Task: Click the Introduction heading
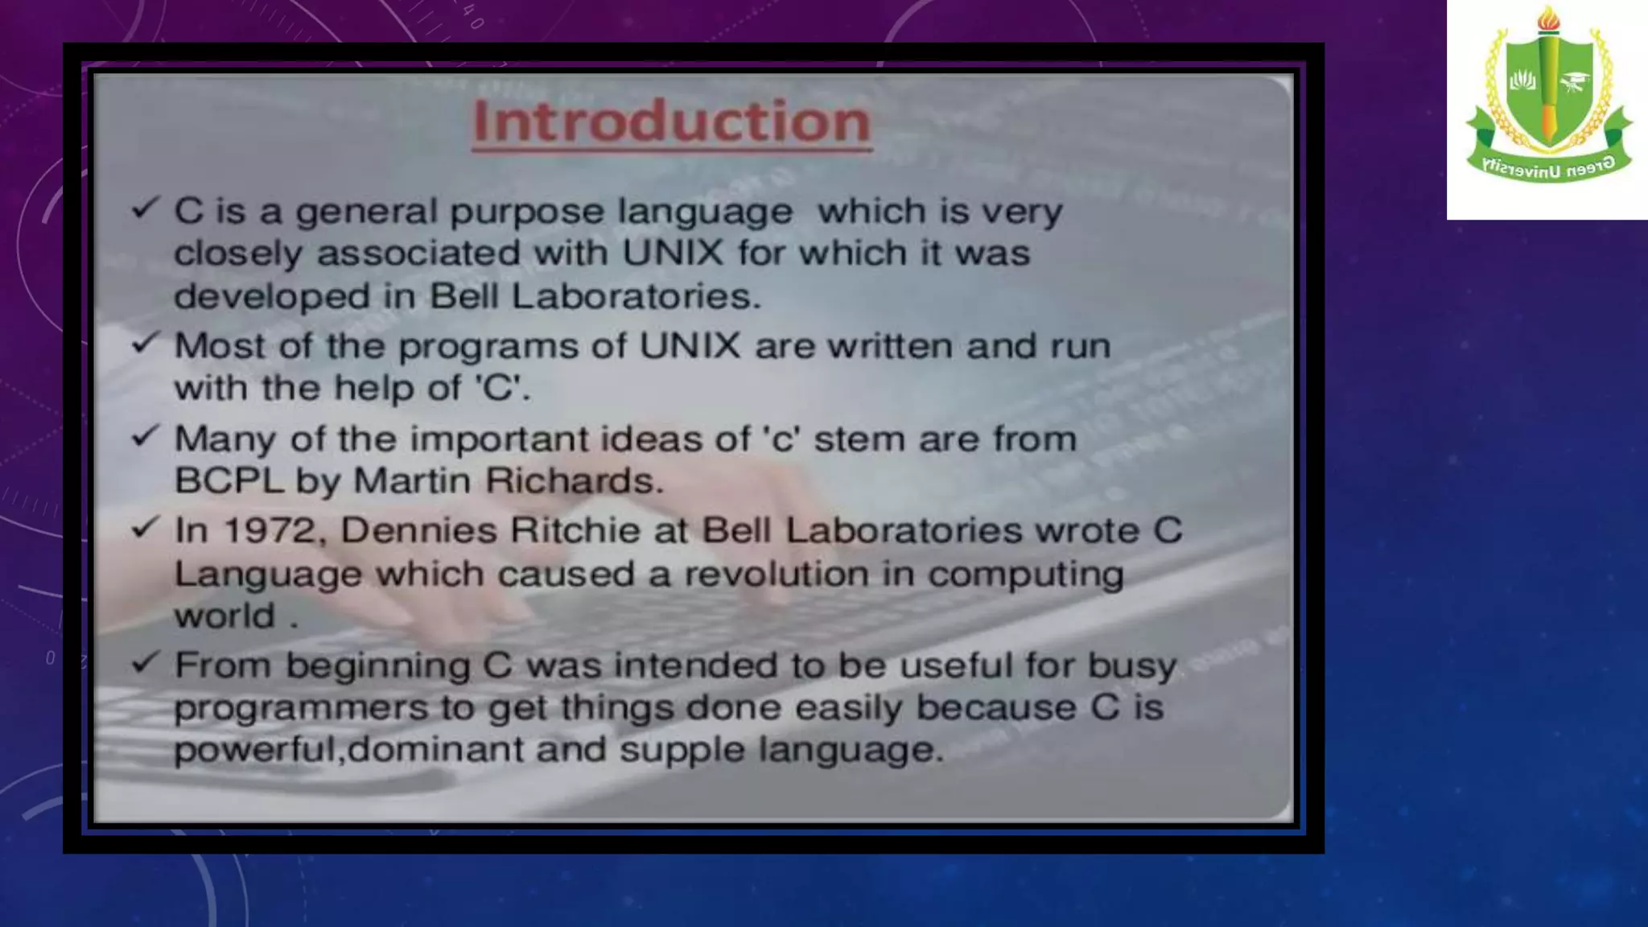point(671,122)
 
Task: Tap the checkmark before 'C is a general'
point(146,208)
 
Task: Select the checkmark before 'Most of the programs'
point(146,343)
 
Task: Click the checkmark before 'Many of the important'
point(146,436)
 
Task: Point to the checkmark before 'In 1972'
point(146,528)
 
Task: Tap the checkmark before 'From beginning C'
point(146,662)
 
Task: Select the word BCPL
point(229,481)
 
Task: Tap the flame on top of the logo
point(1548,19)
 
